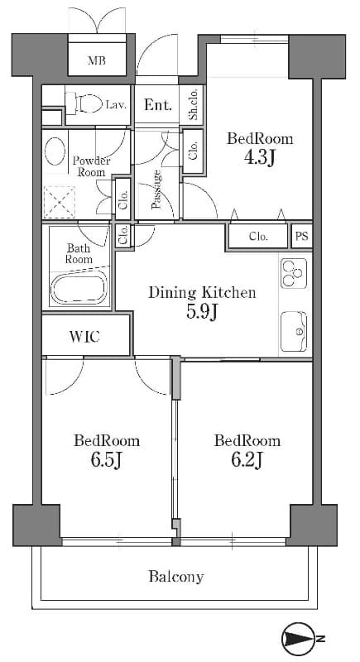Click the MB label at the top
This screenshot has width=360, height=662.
97,60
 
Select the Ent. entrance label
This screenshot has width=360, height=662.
157,105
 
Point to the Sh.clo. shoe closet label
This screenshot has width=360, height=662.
194,105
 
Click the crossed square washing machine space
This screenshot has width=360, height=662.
60,201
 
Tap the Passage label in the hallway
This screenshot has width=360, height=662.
156,189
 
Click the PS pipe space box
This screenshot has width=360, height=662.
303,237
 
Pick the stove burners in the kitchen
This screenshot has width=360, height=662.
293,272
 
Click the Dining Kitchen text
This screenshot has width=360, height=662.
202,292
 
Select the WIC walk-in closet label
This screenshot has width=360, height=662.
84,337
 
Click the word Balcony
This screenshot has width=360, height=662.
176,577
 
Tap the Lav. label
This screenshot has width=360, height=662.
115,104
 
